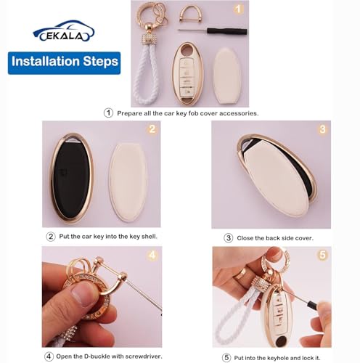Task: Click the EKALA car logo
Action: coord(64,31)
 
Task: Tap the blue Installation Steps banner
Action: coord(65,63)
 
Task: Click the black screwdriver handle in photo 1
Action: coord(226,31)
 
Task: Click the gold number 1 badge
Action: coord(239,9)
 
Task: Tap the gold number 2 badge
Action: coord(152,129)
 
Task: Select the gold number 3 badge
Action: coord(322,129)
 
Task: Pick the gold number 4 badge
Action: coord(152,256)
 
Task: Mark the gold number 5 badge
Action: coord(323,255)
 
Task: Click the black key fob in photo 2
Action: coord(72,178)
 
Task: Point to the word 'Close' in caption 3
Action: coord(245,238)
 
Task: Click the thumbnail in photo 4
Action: coord(81,294)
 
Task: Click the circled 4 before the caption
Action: coord(49,356)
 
